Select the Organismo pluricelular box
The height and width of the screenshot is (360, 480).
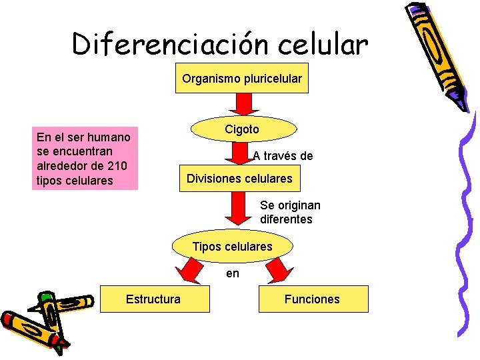click(x=242, y=79)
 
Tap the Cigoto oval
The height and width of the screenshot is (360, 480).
click(x=242, y=129)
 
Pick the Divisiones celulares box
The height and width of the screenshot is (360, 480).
click(x=239, y=179)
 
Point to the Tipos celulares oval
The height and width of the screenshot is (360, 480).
click(x=233, y=247)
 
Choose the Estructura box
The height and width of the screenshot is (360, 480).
click(x=153, y=299)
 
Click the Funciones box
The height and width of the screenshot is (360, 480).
click(x=312, y=299)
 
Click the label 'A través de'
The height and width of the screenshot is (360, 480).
click(x=283, y=156)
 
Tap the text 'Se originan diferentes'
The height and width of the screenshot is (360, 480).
click(x=289, y=212)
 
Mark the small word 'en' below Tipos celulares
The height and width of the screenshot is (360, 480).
click(x=233, y=273)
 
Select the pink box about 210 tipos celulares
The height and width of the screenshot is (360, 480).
click(x=85, y=159)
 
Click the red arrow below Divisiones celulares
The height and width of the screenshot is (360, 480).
click(x=235, y=208)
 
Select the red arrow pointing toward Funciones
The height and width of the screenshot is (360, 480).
click(x=278, y=271)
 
